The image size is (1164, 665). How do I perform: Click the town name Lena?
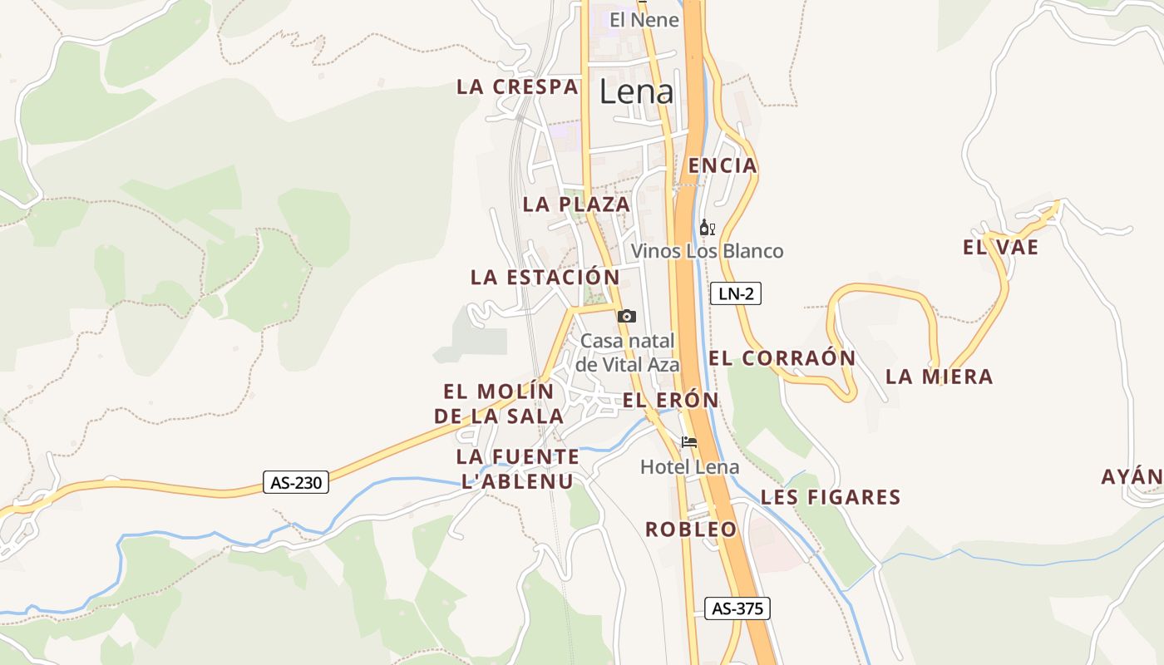[636, 92]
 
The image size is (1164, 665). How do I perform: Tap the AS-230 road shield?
[296, 482]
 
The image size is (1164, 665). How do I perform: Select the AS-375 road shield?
[737, 608]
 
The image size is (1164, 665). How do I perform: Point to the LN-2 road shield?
[736, 293]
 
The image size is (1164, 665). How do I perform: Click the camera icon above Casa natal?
[627, 316]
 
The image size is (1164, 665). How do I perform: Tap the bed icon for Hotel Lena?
[688, 442]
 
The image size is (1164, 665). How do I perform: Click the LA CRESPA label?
[516, 87]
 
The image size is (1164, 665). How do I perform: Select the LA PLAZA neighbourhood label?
[576, 204]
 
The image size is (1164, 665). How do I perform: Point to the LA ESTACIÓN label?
[545, 278]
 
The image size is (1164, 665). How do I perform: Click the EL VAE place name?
[1000, 247]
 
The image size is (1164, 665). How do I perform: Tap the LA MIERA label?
[939, 377]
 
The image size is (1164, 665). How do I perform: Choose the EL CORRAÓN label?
[782, 358]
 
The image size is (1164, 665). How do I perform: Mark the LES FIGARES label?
[831, 497]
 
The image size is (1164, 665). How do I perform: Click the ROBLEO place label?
[691, 530]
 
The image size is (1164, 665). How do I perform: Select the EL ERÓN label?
[670, 400]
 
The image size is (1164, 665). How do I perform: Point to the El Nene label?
[644, 20]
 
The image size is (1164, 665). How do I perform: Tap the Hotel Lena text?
[689, 467]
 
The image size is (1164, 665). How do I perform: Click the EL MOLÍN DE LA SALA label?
[499, 403]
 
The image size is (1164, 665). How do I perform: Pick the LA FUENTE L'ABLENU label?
[517, 469]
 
